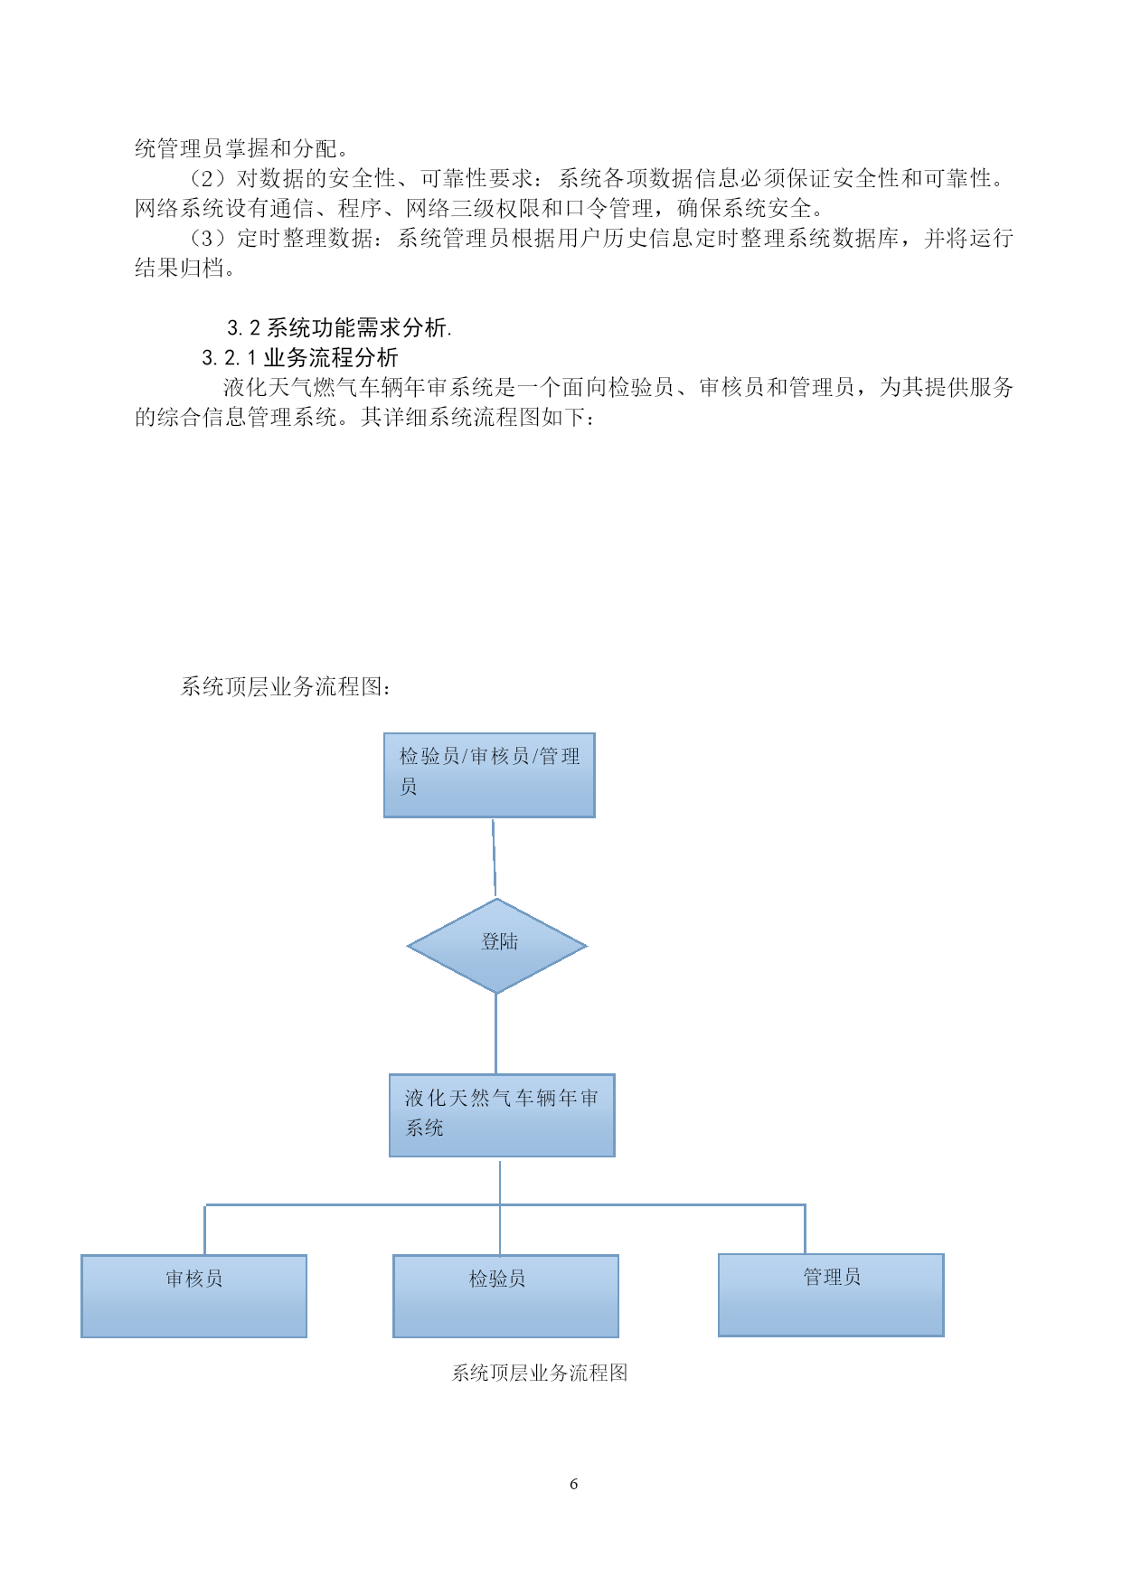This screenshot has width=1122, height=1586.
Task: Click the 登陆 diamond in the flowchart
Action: [x=496, y=946]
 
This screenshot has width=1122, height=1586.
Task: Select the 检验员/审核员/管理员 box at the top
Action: [x=489, y=776]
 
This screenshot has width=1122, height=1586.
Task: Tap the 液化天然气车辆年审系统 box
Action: [x=502, y=1116]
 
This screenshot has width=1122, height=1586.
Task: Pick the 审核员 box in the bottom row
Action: [x=193, y=1296]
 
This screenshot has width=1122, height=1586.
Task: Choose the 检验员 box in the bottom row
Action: [x=505, y=1296]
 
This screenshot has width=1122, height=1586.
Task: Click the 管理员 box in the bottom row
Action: [x=831, y=1295]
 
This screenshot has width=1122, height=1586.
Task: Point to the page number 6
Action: [x=573, y=1484]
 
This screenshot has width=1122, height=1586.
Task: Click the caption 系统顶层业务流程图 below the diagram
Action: [x=540, y=1373]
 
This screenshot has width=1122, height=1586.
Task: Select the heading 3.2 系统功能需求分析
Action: [x=340, y=327]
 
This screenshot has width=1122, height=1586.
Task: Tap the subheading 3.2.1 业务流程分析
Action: [x=300, y=357]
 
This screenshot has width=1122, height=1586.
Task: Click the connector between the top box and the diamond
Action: [x=494, y=858]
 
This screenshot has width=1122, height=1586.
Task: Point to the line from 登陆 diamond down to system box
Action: [x=495, y=1034]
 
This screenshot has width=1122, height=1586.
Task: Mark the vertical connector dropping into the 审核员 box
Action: [x=205, y=1230]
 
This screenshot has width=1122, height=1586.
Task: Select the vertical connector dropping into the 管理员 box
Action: [x=805, y=1229]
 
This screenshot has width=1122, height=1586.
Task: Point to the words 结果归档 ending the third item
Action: [x=179, y=268]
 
